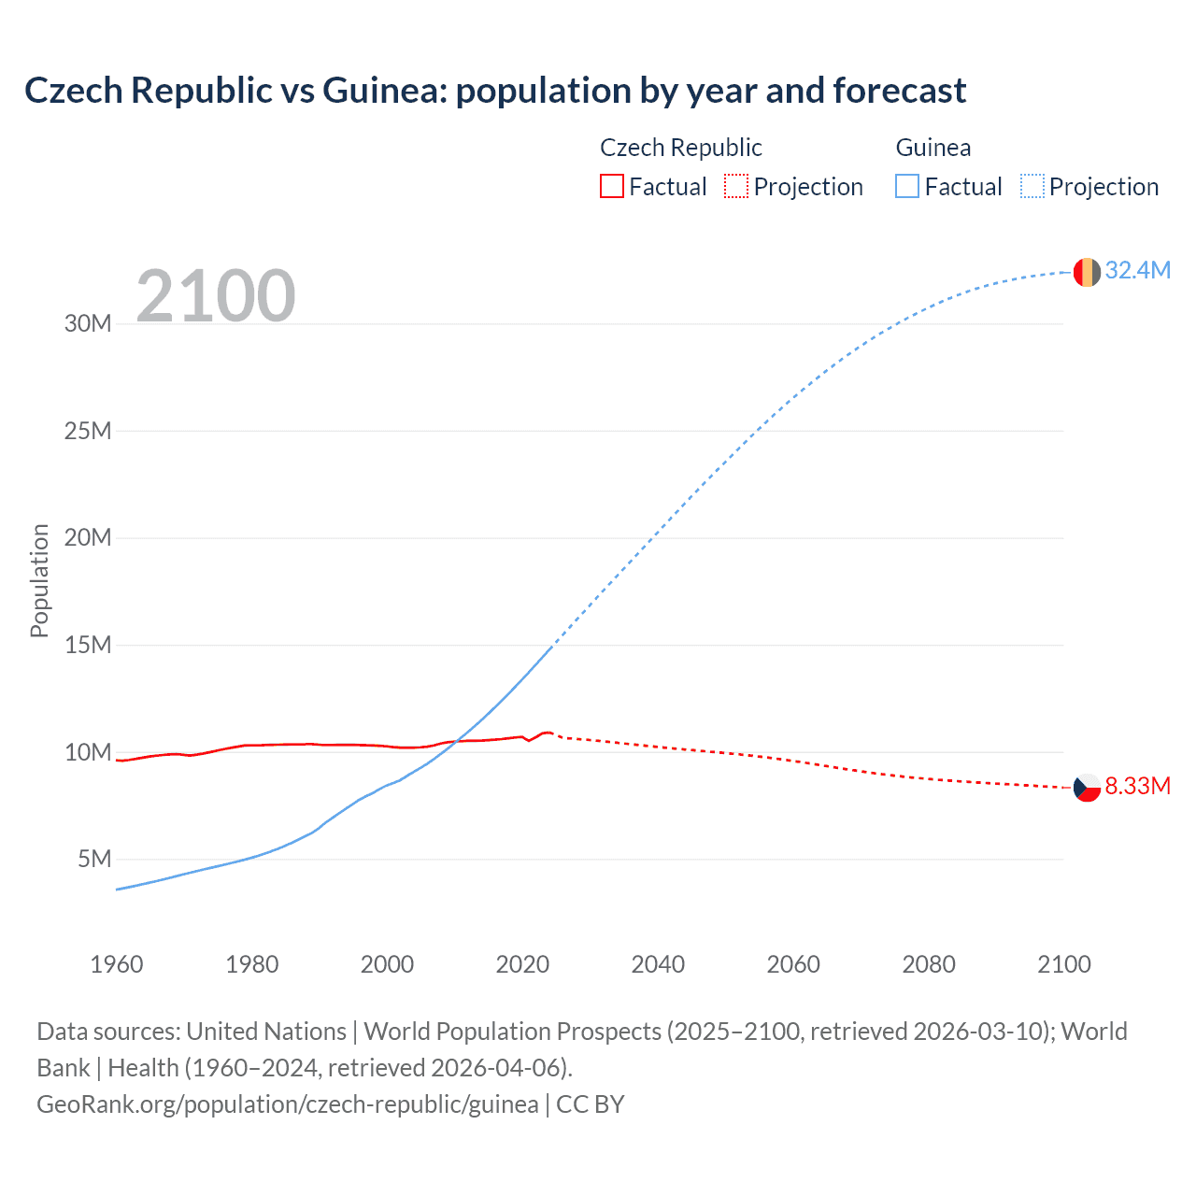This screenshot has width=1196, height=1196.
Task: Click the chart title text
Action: point(495,91)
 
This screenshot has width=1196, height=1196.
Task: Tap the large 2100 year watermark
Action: point(216,296)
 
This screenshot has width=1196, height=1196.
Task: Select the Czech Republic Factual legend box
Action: point(611,186)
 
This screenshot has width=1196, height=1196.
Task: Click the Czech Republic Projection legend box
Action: point(736,186)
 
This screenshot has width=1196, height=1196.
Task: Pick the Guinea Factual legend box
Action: point(907,186)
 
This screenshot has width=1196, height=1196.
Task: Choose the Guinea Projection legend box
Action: point(1032,186)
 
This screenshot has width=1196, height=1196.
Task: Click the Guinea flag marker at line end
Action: point(1087,272)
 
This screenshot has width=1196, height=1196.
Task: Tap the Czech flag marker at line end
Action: point(1087,788)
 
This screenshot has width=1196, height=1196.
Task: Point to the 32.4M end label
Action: point(1137,270)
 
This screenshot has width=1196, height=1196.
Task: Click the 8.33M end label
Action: point(1137,786)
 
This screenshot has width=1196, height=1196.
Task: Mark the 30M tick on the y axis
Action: point(88,324)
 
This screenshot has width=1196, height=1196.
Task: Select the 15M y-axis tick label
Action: point(88,645)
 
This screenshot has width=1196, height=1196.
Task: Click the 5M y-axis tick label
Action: point(94,859)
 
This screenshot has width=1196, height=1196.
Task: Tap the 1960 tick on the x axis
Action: point(117,964)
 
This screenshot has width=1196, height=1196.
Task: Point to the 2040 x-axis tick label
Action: point(658,964)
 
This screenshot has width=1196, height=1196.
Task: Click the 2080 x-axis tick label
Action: point(929,964)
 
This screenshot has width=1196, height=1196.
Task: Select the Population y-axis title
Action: point(39,580)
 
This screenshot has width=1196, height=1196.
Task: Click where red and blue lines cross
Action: point(456,742)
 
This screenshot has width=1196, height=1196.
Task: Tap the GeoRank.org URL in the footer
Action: point(287,1103)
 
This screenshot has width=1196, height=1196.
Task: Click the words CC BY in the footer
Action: point(591,1103)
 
